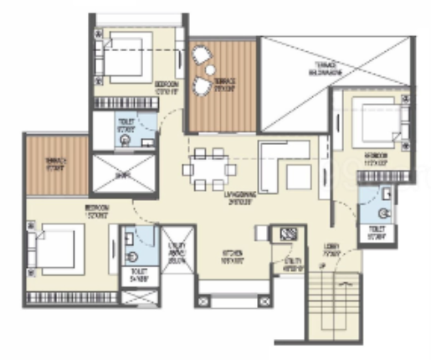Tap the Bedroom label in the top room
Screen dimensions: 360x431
[x=165, y=85]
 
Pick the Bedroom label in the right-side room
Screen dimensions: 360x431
[x=373, y=158]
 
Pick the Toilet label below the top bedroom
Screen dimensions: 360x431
[x=126, y=129]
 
